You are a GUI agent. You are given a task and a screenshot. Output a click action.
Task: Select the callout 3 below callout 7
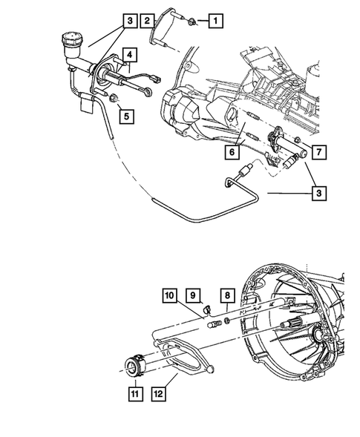click(318, 194)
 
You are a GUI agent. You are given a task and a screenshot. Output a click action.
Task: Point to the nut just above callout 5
click(114, 99)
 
